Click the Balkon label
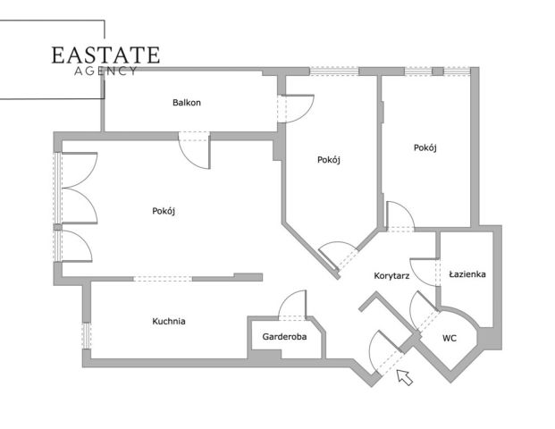(187, 103)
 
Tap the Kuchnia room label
(169, 322)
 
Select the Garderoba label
(284, 337)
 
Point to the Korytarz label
(391, 276)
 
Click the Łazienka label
(467, 274)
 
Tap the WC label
(450, 339)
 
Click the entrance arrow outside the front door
(405, 377)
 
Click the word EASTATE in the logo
(105, 55)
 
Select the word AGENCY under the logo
(105, 71)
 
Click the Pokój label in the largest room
(164, 211)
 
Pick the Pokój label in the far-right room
(425, 147)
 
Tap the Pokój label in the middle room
(329, 160)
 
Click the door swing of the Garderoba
(292, 305)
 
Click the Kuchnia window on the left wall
(87, 336)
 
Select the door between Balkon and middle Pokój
(296, 109)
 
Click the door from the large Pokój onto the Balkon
(194, 150)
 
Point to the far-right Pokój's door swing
(400, 216)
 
